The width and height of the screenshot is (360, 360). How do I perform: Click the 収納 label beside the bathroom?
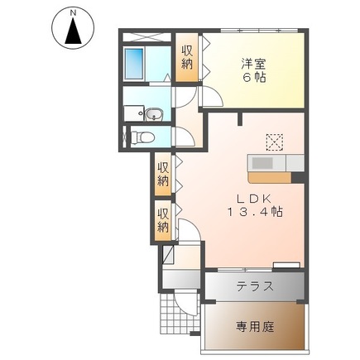click(x=189, y=60)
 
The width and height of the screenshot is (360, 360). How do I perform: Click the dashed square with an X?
click(x=275, y=140)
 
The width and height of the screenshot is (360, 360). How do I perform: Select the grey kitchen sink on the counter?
click(x=266, y=162)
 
